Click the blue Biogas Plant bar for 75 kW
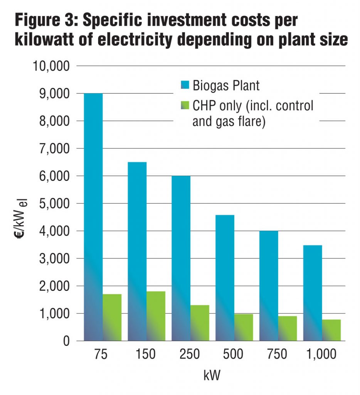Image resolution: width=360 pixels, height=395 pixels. point(93,216)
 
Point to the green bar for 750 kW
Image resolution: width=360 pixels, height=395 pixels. point(288,328)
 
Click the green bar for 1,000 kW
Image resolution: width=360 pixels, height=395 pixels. point(331,330)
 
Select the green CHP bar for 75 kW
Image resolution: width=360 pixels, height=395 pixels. point(112,317)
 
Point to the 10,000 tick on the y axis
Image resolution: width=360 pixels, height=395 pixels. point(50,66)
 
